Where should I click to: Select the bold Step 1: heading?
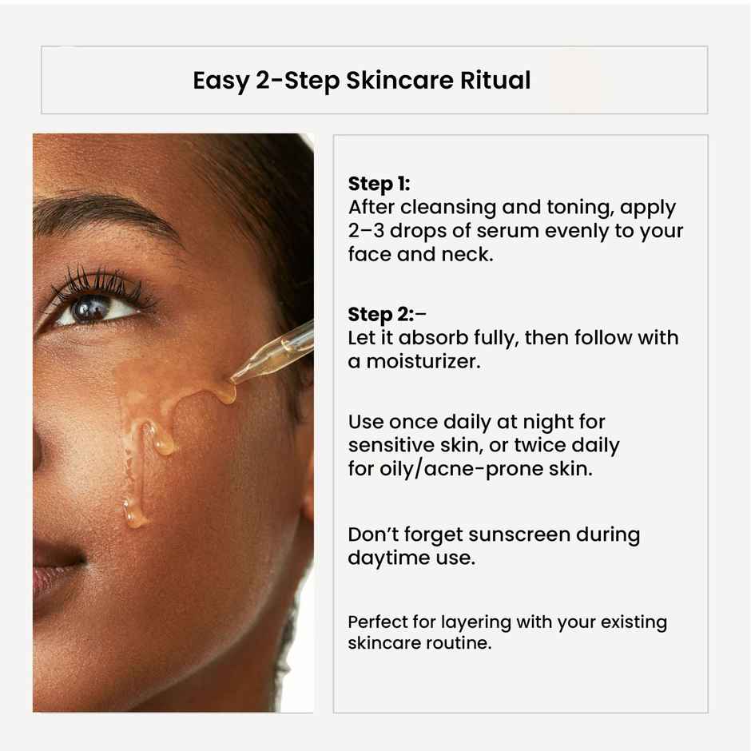click(x=379, y=185)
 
